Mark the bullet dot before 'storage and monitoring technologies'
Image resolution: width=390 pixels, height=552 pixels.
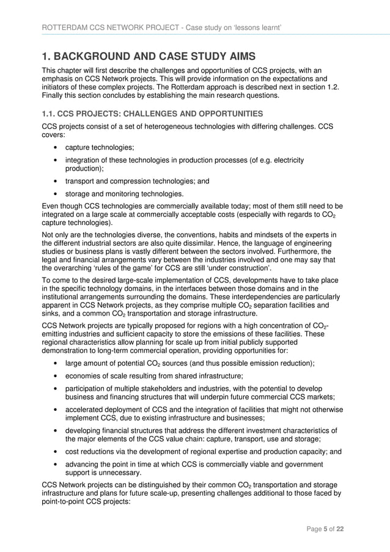point(56,194)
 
